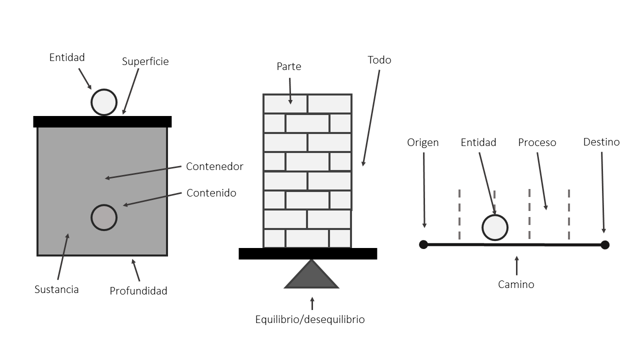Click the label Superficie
tap(145, 61)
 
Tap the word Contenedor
tap(214, 166)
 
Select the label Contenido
tap(211, 193)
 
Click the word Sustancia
tap(56, 289)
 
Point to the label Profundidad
tap(138, 290)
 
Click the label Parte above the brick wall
tap(289, 66)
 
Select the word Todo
tap(379, 60)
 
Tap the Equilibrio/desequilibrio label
tap(310, 319)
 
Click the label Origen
tap(422, 142)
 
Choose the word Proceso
tap(537, 142)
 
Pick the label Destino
tap(601, 142)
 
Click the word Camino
tap(516, 284)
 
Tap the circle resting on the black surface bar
tap(104, 102)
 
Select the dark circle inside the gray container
tap(104, 217)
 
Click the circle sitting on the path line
tap(495, 227)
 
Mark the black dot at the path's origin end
tap(423, 244)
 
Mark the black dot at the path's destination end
tap(605, 244)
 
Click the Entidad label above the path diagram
tap(478, 142)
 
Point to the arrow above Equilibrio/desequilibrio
tap(312, 303)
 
